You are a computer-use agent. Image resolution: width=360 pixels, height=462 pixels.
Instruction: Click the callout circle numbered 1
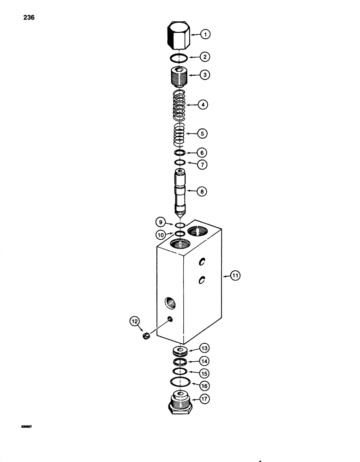point(205,34)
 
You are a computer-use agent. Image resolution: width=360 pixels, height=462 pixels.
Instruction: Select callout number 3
point(205,74)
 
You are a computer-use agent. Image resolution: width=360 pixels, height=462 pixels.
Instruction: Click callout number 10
point(159,235)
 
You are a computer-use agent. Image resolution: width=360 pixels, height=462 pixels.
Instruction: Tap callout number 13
point(204,347)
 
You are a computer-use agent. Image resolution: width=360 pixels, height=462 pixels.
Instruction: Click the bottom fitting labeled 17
point(180,400)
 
